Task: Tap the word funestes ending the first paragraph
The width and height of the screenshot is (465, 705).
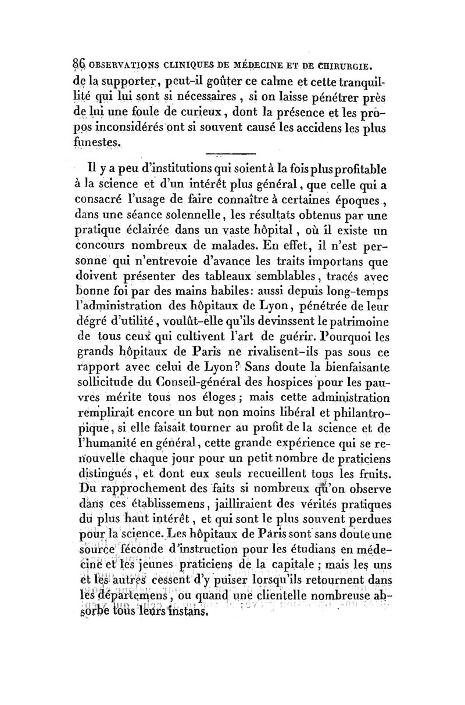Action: point(98,141)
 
